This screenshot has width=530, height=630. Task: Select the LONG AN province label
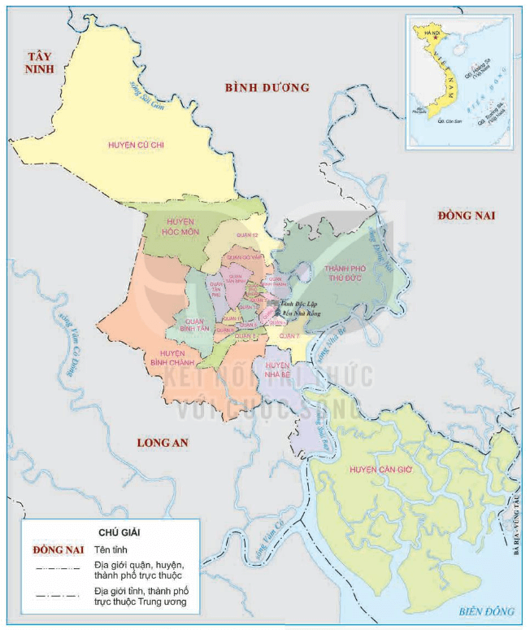point(162,442)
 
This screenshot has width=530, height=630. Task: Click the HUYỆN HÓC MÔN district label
point(180,226)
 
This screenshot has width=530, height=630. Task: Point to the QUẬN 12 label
point(246,234)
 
